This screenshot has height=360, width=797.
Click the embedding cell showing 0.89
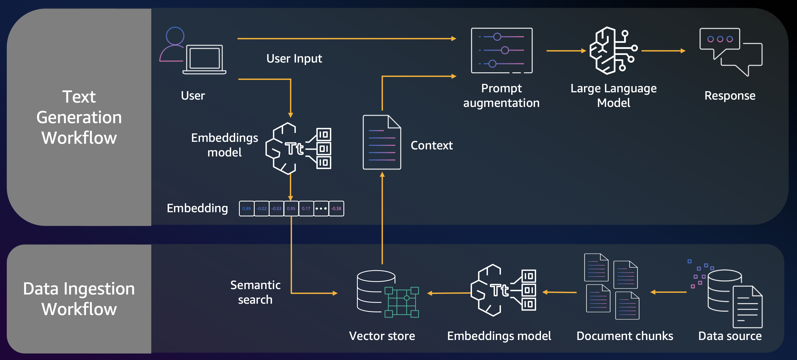pos(247,209)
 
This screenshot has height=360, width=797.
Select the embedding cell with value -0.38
pos(336,209)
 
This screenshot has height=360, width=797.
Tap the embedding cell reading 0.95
pos(291,209)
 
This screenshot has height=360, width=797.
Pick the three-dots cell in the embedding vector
pos(321,209)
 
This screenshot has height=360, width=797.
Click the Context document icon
pos(382,142)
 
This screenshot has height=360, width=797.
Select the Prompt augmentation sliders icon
pos(501,50)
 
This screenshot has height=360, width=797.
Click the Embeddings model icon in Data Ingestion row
pos(503,290)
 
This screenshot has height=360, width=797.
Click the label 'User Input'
pos(294,58)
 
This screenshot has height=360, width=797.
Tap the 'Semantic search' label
pos(255,292)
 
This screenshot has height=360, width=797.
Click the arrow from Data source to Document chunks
pos(668,292)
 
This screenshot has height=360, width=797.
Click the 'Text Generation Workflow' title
pos(79,117)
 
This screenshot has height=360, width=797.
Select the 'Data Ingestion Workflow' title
pos(79,299)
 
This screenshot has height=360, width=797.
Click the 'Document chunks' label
pos(625,336)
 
